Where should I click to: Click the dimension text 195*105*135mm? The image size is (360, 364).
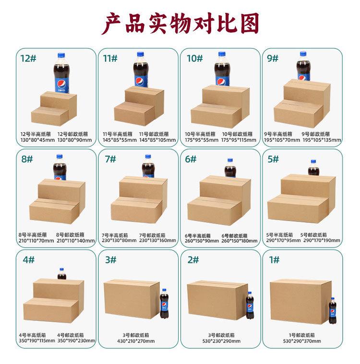(x=321, y=140)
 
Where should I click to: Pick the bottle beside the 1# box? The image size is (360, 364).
(x=332, y=311)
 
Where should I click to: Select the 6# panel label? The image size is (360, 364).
(x=191, y=159)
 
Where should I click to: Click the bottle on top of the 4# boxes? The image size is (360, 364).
(x=61, y=274)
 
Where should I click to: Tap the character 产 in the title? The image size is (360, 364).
(x=114, y=23)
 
